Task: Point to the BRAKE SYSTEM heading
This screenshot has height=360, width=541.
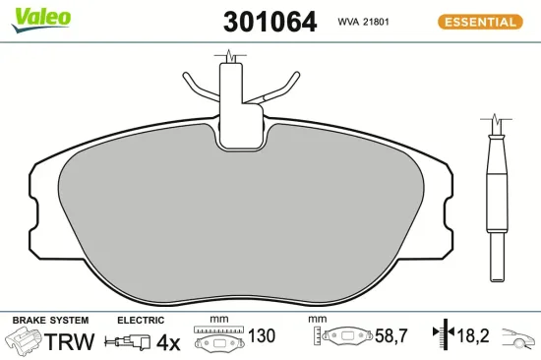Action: coord(49,321)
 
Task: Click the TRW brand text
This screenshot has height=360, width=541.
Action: coord(71,342)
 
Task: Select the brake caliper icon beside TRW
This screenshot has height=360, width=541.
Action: coord(25,341)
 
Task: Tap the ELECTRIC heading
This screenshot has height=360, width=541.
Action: coord(140,321)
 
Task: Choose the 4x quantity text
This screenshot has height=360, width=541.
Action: coord(168,342)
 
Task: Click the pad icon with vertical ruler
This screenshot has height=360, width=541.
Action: coord(343,336)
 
